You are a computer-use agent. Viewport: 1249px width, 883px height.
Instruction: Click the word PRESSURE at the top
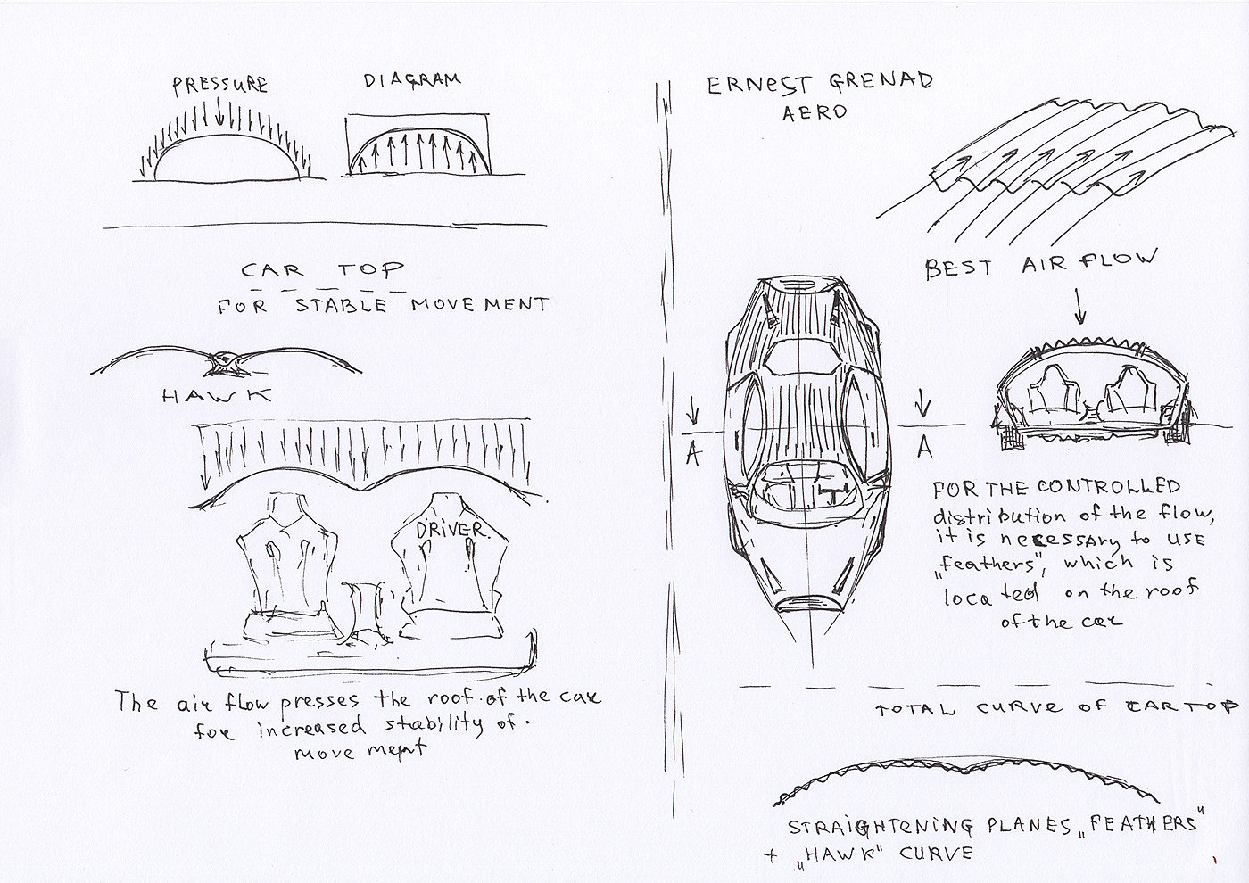click(219, 85)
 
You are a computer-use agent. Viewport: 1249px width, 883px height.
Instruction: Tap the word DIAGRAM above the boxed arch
click(412, 80)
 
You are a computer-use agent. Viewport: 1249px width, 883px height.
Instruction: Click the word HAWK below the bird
click(218, 396)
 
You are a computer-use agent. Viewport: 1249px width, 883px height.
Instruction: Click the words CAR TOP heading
click(322, 269)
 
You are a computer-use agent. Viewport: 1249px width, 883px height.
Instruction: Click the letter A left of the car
click(691, 452)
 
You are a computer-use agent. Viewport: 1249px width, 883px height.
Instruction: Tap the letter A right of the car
click(924, 445)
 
